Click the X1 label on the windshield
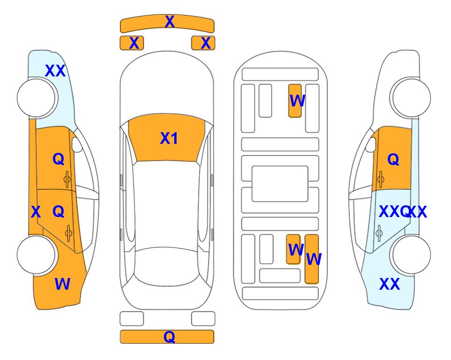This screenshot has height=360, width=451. click(169, 138)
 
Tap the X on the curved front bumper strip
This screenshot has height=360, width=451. click(170, 22)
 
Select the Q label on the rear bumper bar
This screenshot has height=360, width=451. click(169, 337)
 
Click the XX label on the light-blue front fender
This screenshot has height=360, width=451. click(55, 71)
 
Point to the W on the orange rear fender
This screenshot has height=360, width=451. click(62, 284)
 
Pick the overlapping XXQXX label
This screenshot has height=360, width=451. click(403, 212)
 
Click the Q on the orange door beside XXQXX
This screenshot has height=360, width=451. click(393, 159)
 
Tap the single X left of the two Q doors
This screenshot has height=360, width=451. click(36, 212)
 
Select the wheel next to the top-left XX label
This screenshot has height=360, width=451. click(37, 98)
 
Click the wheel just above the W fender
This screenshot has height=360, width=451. click(37, 255)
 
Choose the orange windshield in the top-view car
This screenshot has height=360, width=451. click(167, 138)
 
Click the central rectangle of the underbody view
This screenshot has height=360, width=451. click(280, 184)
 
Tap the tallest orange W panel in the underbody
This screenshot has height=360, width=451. click(312, 259)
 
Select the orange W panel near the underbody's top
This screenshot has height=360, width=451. click(295, 101)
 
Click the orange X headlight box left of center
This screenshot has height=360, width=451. click(132, 43)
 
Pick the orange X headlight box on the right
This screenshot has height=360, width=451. click(203, 43)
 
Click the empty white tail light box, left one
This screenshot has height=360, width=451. click(132, 319)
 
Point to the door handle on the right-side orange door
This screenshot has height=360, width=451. click(381, 179)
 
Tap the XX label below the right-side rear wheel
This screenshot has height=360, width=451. click(390, 284)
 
